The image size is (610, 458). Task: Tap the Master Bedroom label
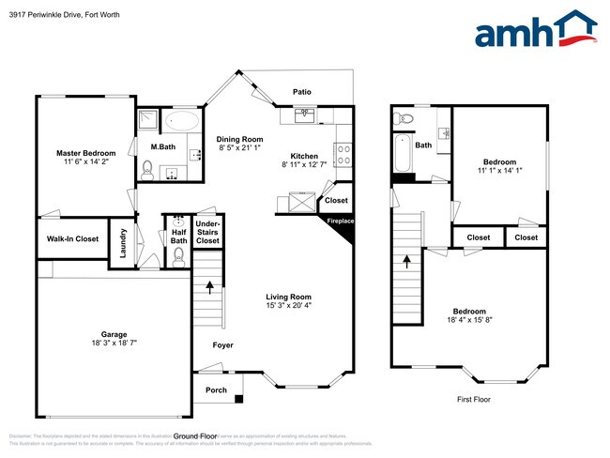(85, 153)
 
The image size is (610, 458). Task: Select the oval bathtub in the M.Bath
(182, 121)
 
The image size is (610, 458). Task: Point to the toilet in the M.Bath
(147, 170)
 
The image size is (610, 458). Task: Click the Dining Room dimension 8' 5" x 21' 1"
(239, 147)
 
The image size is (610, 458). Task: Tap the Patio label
(301, 92)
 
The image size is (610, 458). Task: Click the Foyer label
(222, 345)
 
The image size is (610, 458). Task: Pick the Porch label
(216, 389)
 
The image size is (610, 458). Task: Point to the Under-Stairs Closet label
(207, 233)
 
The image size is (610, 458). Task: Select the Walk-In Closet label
(72, 239)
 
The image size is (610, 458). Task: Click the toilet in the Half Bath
(178, 254)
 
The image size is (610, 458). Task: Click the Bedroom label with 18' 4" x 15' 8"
(469, 312)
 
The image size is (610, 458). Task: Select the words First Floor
(475, 399)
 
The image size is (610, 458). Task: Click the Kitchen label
(304, 156)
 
